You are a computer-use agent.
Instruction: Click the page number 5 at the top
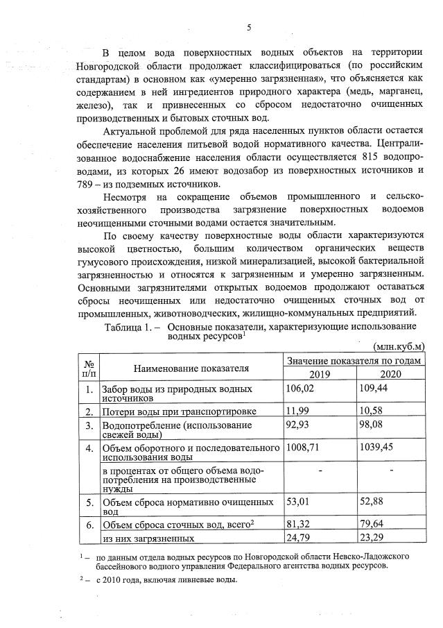coord(248,27)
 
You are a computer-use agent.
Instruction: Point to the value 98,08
coord(372,425)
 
